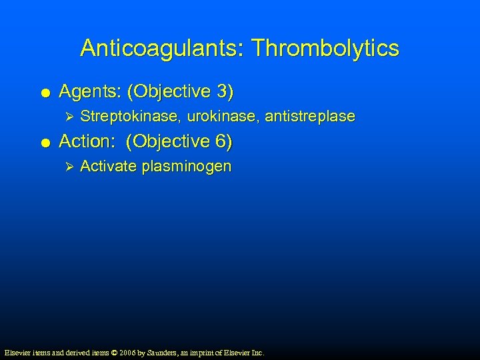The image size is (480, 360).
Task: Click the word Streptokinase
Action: [x=130, y=117]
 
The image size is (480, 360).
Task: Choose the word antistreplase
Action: [x=310, y=117]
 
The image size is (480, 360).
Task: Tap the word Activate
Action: [x=108, y=167]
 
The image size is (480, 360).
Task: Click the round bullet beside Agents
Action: [x=44, y=91]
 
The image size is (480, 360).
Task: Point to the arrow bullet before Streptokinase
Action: [x=65, y=117]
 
